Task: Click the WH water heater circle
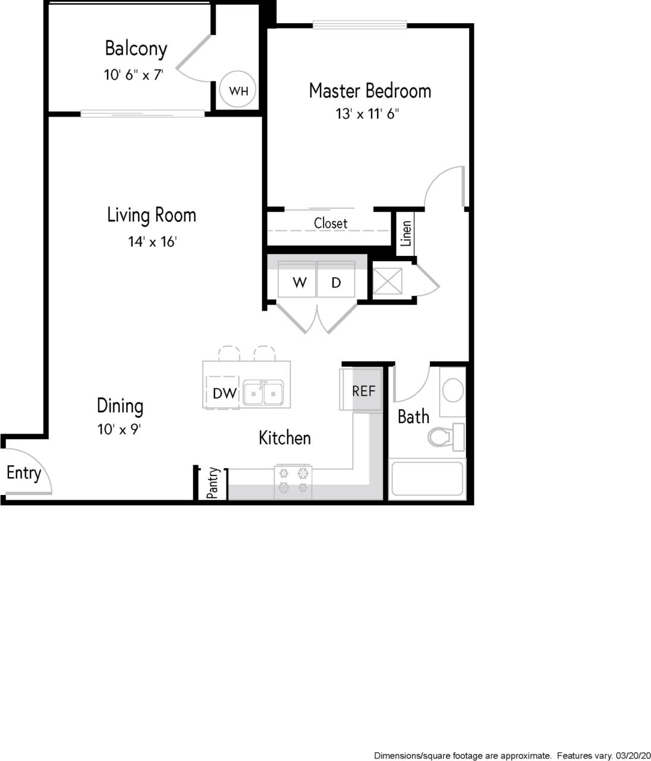coord(238,91)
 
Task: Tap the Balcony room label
coord(136,48)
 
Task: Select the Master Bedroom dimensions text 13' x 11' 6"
coord(367,114)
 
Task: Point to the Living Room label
coord(152,215)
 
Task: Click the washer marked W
coord(299,283)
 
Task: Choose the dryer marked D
coord(336,283)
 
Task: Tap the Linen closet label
coord(406,234)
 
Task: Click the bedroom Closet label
coord(331,223)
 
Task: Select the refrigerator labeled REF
coord(363,391)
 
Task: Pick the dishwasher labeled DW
coord(225,393)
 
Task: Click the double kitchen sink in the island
coord(263,393)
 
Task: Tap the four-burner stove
coord(293,481)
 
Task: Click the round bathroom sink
coord(454,391)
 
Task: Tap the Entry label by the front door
coord(24,474)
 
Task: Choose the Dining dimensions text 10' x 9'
coord(119,429)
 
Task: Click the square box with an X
coord(387,281)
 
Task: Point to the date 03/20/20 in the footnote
coord(633,755)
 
